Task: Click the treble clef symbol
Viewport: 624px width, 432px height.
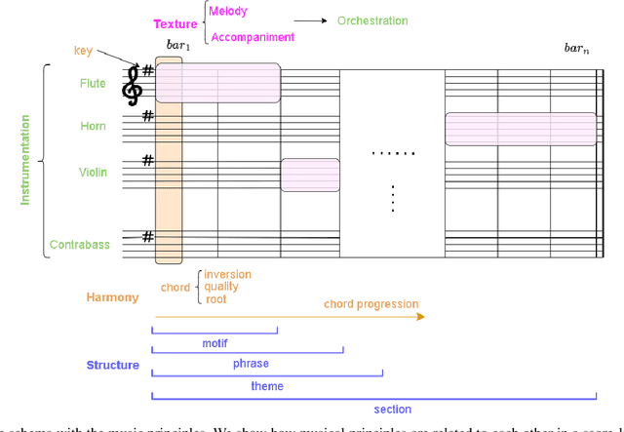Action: pyautogui.click(x=132, y=87)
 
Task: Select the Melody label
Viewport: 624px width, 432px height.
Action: pyautogui.click(x=230, y=12)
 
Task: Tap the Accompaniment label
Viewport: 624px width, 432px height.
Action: pyautogui.click(x=253, y=37)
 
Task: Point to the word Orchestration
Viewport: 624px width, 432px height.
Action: pyautogui.click(x=372, y=20)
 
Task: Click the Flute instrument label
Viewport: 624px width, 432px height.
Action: pyautogui.click(x=93, y=84)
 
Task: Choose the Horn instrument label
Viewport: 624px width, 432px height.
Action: pyautogui.click(x=94, y=127)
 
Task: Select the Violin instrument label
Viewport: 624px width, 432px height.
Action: pyautogui.click(x=93, y=173)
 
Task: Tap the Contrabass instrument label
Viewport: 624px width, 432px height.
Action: pyautogui.click(x=79, y=245)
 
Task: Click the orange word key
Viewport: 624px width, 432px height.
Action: pyautogui.click(x=84, y=51)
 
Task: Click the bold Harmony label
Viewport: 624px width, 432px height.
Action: pyautogui.click(x=113, y=297)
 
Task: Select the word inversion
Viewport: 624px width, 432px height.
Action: pyautogui.click(x=227, y=274)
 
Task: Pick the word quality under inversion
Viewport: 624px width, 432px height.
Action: pyautogui.click(x=221, y=287)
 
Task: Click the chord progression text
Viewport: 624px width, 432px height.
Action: pyautogui.click(x=370, y=304)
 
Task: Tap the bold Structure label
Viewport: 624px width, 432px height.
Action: pyautogui.click(x=113, y=366)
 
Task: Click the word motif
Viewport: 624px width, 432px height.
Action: pyautogui.click(x=214, y=343)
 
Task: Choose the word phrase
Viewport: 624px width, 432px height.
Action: pyautogui.click(x=251, y=364)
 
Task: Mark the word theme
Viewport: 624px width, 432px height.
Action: pyautogui.click(x=267, y=386)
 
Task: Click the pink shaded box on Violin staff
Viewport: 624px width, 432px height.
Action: pyautogui.click(x=310, y=175)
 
